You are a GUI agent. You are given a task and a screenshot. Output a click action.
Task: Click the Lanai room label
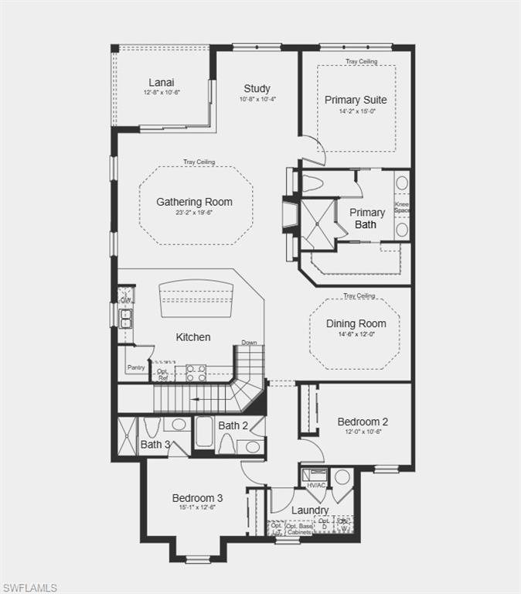coord(162,83)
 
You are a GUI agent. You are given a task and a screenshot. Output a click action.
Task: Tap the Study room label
coord(257,88)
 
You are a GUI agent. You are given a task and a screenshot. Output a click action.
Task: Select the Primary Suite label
coord(356,100)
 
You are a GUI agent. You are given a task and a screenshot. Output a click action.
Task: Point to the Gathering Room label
coord(194,202)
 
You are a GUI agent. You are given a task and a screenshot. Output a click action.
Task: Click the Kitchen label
coord(193,337)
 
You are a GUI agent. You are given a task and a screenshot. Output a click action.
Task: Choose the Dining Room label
coord(356,323)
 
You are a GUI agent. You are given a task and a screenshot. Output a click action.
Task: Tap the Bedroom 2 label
coord(363,422)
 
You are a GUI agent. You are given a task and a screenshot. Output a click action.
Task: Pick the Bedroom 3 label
coord(197,497)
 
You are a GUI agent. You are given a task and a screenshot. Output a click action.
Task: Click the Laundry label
coord(310,510)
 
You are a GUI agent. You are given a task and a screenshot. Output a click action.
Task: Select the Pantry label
coord(136,368)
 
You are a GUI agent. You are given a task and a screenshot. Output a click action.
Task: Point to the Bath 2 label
coord(233,425)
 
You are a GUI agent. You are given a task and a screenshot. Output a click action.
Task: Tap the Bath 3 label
coord(155,444)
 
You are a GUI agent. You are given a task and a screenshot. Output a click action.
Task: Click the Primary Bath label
coord(366,218)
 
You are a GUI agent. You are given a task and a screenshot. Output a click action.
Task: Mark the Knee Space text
coord(402,207)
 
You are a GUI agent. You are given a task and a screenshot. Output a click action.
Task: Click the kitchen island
coord(196,298)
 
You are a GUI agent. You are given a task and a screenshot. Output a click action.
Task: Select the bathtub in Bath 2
coord(204,433)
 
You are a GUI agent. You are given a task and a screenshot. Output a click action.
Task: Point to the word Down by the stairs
coord(249,343)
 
